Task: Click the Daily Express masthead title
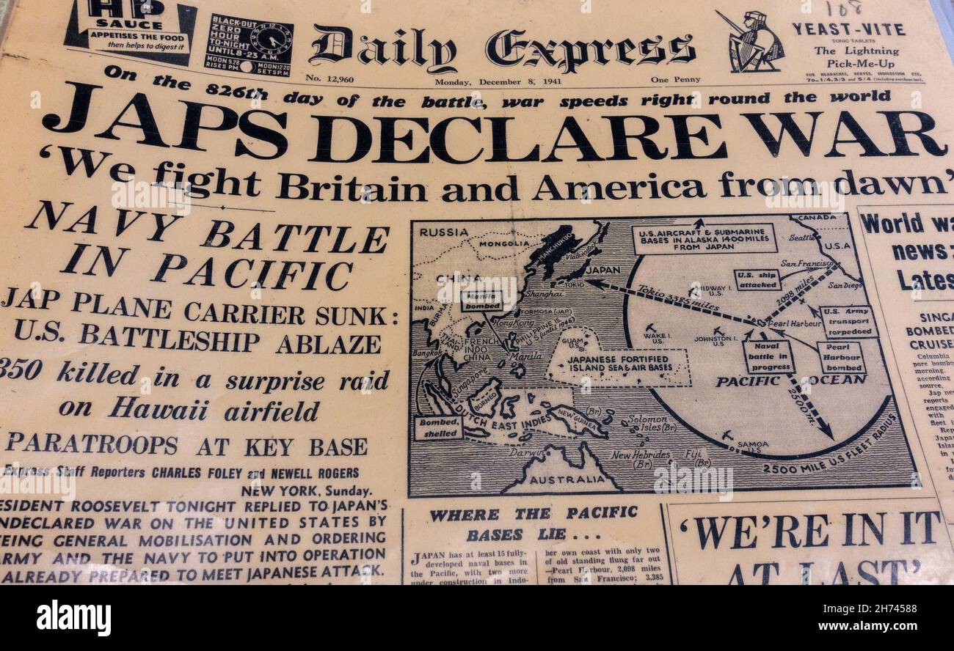click(501, 48)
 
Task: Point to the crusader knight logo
click(754, 42)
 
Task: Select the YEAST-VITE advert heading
click(848, 29)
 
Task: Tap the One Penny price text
click(674, 80)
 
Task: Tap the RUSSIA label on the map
click(443, 232)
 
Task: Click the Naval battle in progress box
click(768, 357)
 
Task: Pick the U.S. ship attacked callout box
click(757, 279)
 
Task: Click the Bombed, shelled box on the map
click(438, 427)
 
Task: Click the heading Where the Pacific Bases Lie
click(533, 523)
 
